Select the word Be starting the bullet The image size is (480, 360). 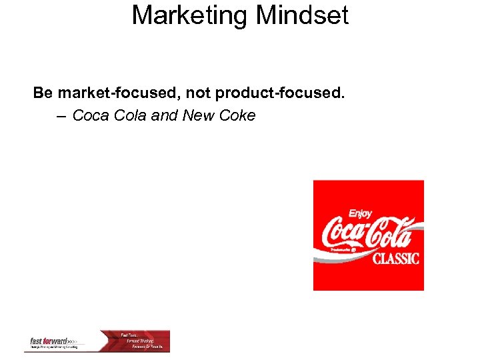coord(43,93)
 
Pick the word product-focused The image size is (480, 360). coord(280,93)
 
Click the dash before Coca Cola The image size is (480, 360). coord(61,116)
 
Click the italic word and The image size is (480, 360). coord(165,116)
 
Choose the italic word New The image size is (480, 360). coord(198,116)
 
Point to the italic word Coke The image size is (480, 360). coord(237,116)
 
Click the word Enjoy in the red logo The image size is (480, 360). coord(361,214)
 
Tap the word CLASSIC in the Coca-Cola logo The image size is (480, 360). coord(396,258)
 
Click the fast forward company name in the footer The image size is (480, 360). coord(49,341)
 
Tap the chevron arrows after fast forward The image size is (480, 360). coord(75,341)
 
